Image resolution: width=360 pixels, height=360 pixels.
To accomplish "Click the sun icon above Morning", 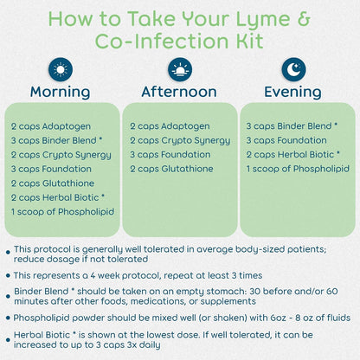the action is [61, 69].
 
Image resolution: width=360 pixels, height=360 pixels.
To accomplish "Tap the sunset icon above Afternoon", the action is [180, 69].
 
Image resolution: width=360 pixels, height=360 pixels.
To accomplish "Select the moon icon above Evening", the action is [293, 69].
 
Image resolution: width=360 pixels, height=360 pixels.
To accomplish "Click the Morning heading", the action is [61, 92].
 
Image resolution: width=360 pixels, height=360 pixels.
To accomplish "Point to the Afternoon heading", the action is [179, 92].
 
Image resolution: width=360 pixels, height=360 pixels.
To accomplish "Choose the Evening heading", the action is [292, 92].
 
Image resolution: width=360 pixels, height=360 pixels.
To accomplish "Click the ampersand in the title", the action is [303, 19].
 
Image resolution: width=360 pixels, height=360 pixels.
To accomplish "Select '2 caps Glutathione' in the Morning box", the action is [53, 183].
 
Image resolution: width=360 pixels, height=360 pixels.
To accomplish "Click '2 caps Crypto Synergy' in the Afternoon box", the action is [180, 141].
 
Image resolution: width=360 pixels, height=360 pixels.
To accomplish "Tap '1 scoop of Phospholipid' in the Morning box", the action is [63, 212].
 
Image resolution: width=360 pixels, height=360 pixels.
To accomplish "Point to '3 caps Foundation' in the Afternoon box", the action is [170, 155].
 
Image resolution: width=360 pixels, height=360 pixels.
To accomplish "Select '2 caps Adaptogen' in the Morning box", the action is [51, 126].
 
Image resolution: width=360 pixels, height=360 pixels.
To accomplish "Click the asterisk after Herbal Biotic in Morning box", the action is [102, 196].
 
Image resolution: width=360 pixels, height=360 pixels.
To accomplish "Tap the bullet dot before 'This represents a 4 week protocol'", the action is [8, 275].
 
